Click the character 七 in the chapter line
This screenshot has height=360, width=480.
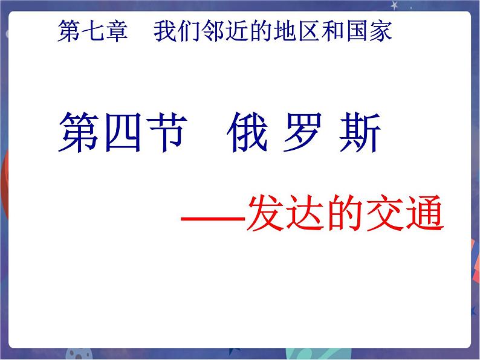pos(92,30)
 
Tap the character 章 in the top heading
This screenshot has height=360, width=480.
pos(116,30)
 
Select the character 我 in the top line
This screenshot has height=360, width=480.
pos(164,30)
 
